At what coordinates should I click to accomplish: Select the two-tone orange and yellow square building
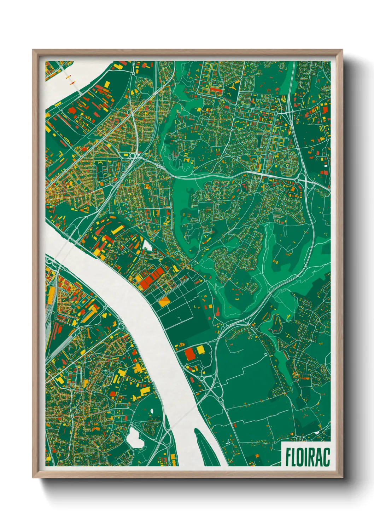pos(164,302)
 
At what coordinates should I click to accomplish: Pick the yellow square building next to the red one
pos(200,350)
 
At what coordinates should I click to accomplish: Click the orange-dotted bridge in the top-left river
pos(70,80)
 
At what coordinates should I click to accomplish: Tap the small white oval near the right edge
pos(326,165)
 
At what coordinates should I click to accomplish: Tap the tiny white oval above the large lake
pos(152,410)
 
